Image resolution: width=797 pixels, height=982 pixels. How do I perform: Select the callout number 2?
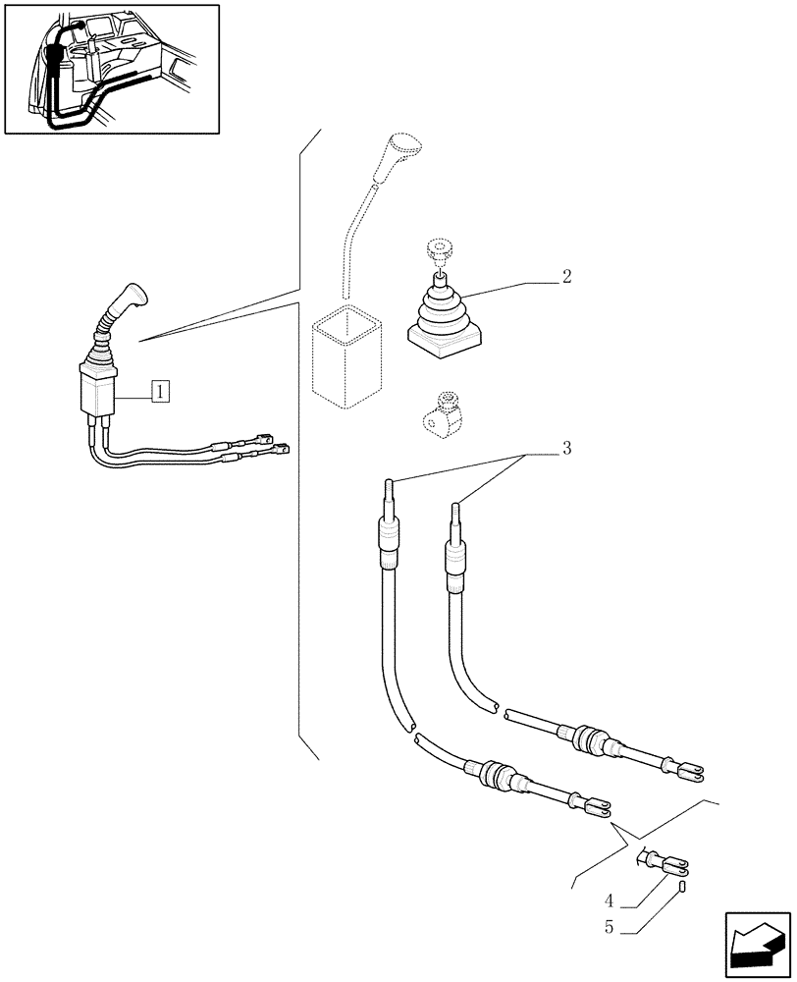(x=566, y=277)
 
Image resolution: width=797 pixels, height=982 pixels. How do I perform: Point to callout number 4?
(x=611, y=900)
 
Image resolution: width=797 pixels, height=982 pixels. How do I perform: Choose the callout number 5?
(x=611, y=925)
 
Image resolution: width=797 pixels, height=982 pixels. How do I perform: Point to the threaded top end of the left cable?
(x=390, y=488)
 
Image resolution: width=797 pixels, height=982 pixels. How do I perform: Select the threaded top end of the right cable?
(x=455, y=515)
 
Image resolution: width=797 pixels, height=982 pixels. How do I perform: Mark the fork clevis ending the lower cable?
(x=597, y=807)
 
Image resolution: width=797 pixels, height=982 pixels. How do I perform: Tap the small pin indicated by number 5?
(x=681, y=887)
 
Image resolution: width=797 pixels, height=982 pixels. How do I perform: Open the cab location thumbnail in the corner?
(x=111, y=69)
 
